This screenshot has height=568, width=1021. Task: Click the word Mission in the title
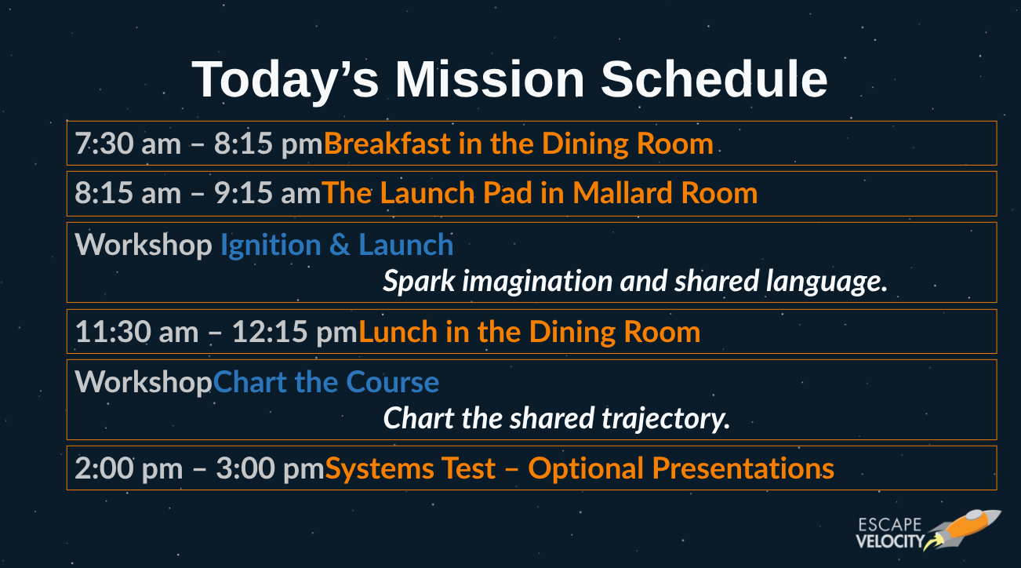pos(489,79)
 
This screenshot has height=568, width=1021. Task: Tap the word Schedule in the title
pos(714,79)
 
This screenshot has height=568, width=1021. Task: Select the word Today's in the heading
pos(285,80)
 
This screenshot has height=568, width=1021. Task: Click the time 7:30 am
pos(128,144)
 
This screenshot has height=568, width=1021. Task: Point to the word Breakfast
pos(387,144)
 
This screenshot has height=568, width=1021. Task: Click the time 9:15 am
pos(267,193)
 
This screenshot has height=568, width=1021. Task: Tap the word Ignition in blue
pos(271,246)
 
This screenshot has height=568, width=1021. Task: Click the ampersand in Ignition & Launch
pos(340,245)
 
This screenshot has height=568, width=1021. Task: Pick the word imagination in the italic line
pos(537,281)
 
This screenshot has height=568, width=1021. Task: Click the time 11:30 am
pos(136,331)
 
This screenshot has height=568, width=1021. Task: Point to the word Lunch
pos(398,331)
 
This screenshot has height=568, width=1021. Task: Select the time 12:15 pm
pos(294,331)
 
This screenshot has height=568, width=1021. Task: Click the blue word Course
pos(392,382)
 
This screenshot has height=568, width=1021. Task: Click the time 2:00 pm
pos(129,468)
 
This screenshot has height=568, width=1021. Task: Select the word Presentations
pos(743,468)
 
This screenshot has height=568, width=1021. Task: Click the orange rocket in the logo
pos(964,530)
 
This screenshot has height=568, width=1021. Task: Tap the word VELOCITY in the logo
pos(890,541)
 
